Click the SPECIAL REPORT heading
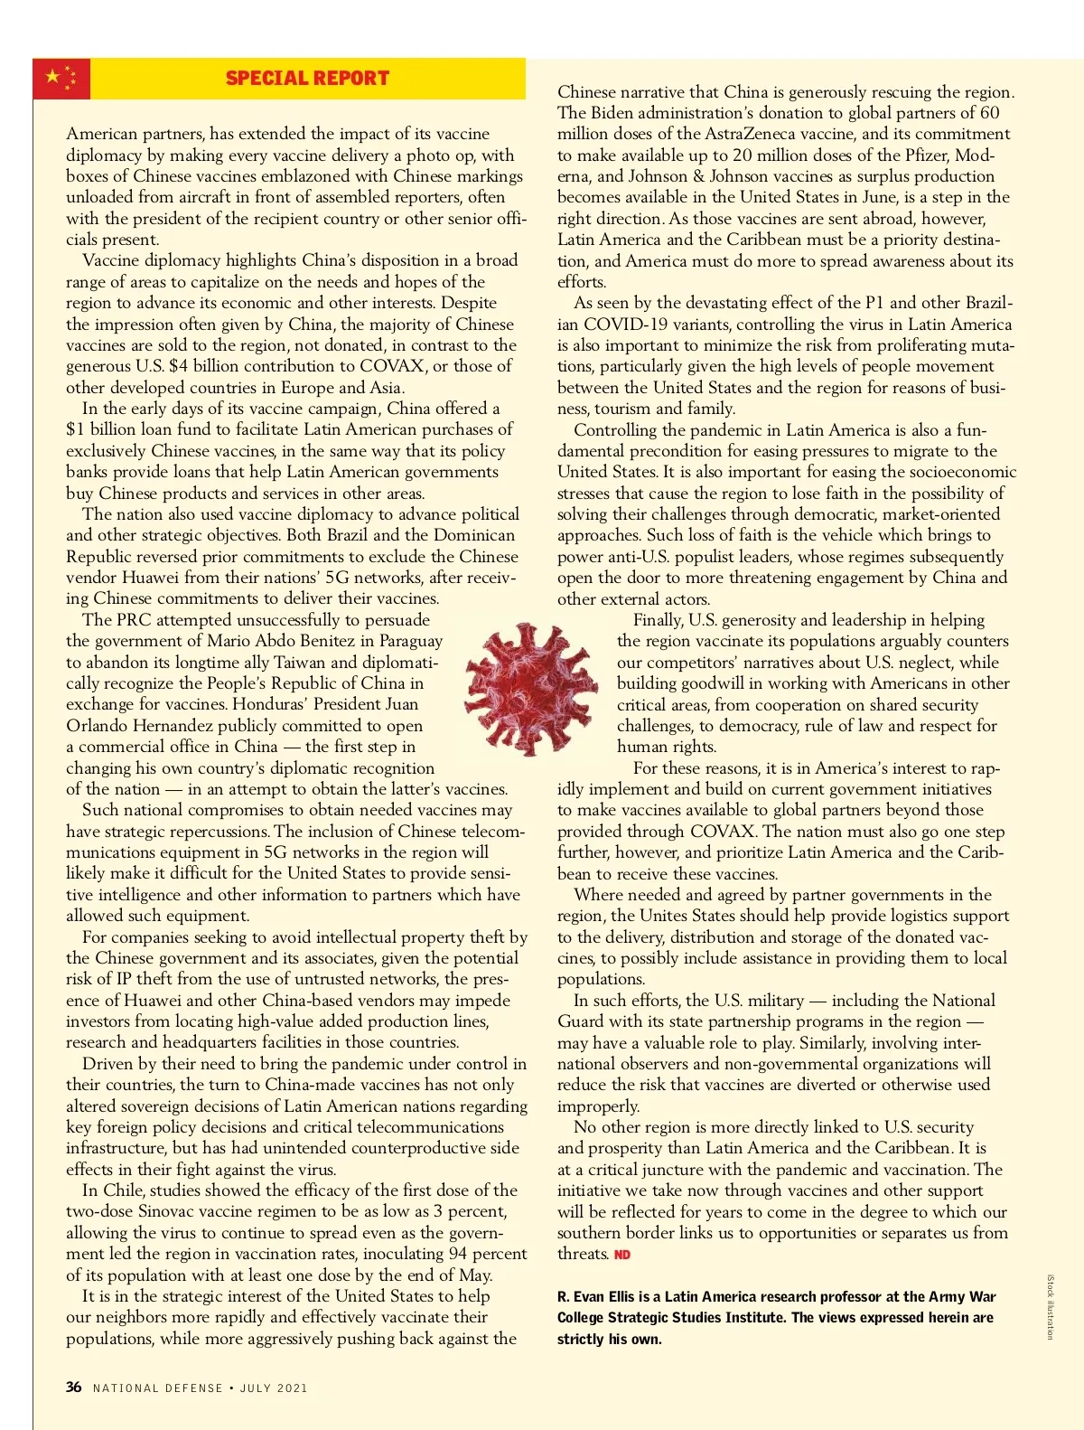pos(307,79)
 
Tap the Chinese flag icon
pos(61,79)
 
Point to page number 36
pos(74,1387)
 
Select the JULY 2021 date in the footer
pos(274,1388)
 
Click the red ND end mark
pos(622,1255)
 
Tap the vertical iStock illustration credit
pos(1050,1306)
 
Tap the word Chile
pos(124,1190)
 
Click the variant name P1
pos(874,303)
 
